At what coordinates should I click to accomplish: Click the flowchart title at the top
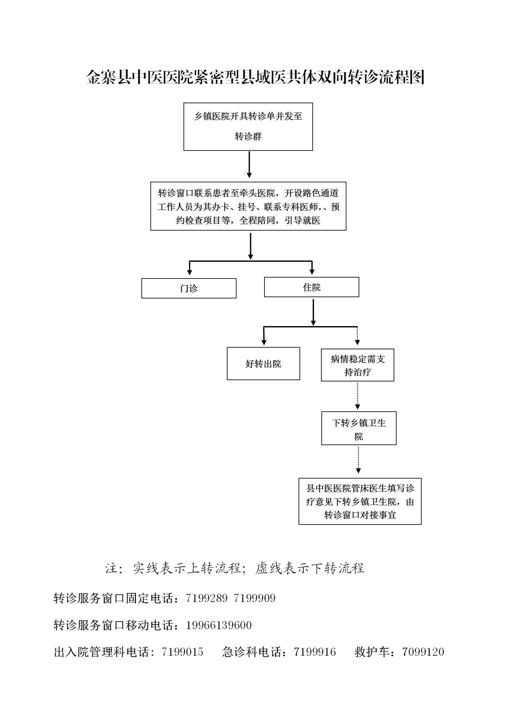coord(255,77)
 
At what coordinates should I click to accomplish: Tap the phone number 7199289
coord(207,598)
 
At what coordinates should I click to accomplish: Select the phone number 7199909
coord(255,598)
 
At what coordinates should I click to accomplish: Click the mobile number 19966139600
coord(219,625)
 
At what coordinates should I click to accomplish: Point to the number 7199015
coord(183,652)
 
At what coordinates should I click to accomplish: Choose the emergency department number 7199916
coord(315,652)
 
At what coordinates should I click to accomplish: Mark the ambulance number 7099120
coord(423,652)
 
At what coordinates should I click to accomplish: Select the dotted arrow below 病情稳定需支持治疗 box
coord(358,396)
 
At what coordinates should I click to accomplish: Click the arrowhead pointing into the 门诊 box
coord(190,272)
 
